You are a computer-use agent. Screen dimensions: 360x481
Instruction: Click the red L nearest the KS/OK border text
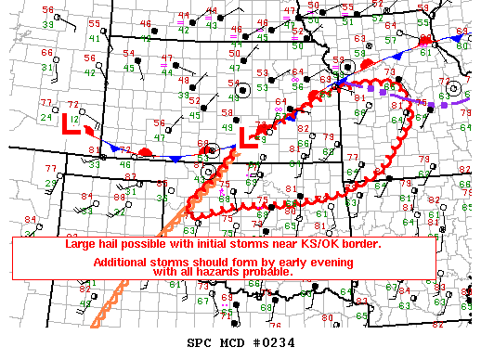(x=247, y=138)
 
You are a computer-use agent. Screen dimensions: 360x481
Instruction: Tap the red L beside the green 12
(x=69, y=124)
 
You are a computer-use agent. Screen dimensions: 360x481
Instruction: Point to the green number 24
(x=45, y=117)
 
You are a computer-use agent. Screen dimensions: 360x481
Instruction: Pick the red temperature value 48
(x=186, y=81)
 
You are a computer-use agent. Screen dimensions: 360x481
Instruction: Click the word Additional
(x=124, y=263)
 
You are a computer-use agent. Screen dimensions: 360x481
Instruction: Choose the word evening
(x=328, y=263)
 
